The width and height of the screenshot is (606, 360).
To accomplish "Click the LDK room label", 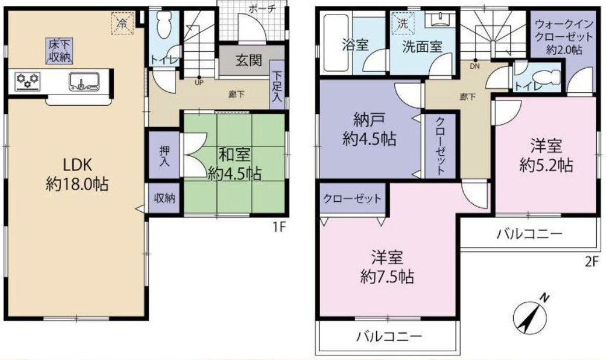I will [x=75, y=163].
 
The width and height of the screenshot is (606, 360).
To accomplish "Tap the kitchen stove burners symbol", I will [x=27, y=81].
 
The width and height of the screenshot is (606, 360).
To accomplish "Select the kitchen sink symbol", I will [x=83, y=82].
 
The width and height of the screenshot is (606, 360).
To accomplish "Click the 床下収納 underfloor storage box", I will [x=59, y=50].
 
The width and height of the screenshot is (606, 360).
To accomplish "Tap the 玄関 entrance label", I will [x=248, y=61].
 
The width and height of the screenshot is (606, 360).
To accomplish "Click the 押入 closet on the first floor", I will [x=164, y=155].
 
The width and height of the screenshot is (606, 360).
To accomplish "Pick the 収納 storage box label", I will [x=164, y=199].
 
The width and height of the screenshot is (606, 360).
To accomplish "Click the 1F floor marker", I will [x=278, y=227].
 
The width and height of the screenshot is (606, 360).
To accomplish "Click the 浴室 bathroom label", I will [x=354, y=46].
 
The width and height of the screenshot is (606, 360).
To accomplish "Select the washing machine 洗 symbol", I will [x=402, y=25].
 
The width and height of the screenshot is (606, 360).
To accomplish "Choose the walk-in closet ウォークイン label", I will [x=563, y=25].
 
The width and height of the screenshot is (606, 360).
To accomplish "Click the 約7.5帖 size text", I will [x=387, y=277].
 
